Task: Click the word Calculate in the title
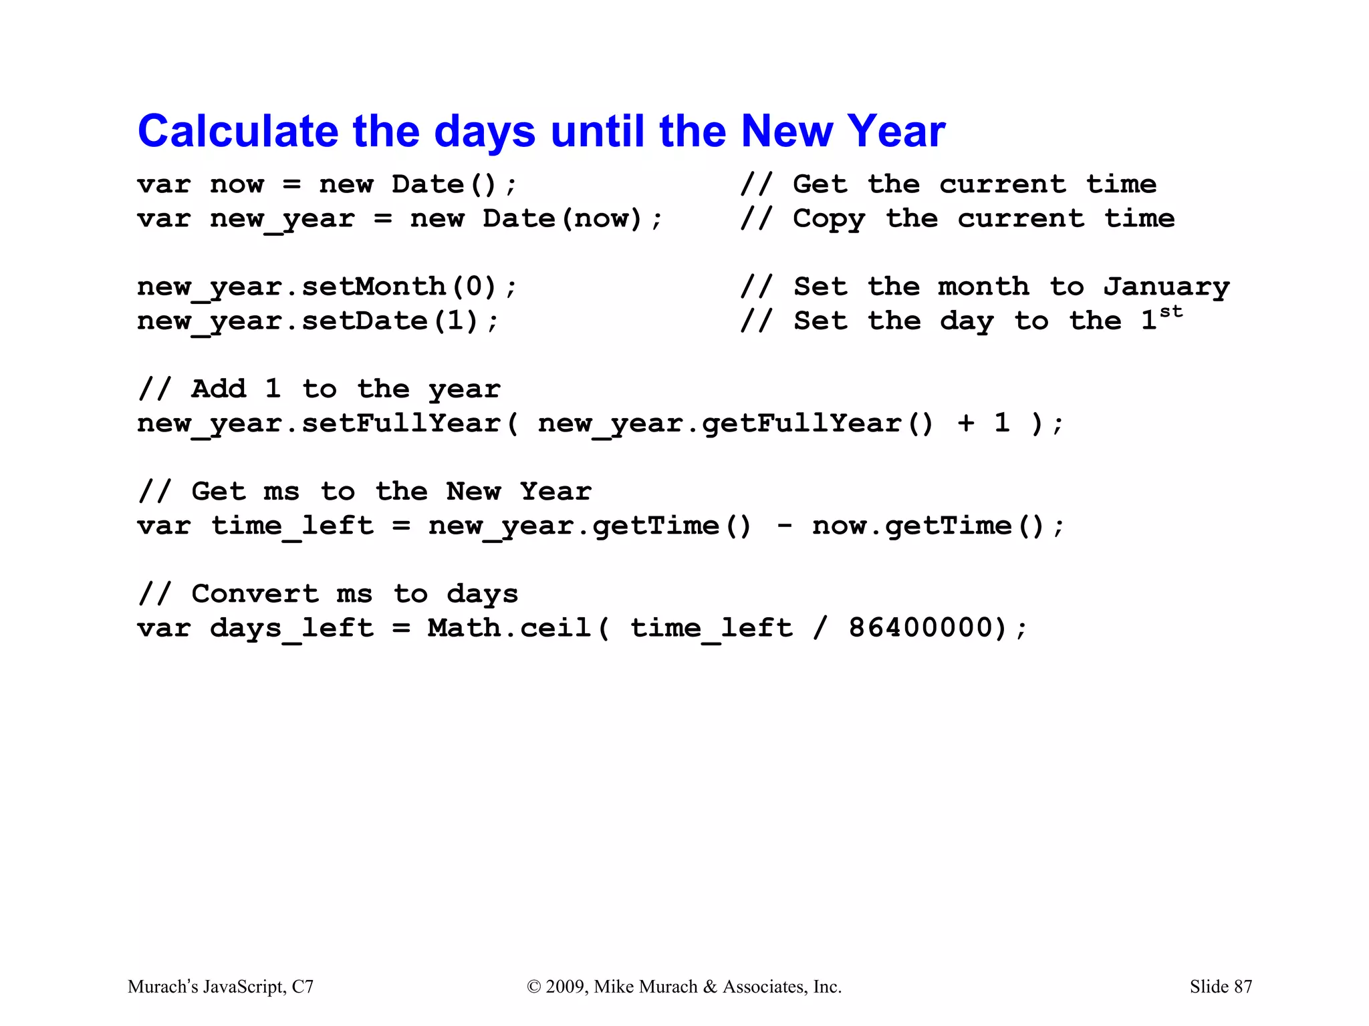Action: click(x=238, y=131)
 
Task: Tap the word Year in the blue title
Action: click(x=896, y=131)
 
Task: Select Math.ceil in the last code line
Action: click(x=509, y=628)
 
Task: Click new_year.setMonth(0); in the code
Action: click(x=327, y=287)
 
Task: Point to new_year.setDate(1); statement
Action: click(x=318, y=321)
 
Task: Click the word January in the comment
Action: click(x=1166, y=287)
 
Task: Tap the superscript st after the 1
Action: click(x=1171, y=312)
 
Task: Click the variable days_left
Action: click(x=291, y=629)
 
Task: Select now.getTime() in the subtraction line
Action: click(x=928, y=526)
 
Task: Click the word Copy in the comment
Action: click(x=829, y=219)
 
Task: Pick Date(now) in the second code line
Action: click(x=562, y=219)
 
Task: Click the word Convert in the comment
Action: click(x=255, y=594)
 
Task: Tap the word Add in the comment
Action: click(x=219, y=389)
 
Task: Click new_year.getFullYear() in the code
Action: click(x=735, y=423)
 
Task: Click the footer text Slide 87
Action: click(x=1221, y=987)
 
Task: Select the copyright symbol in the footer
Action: click(x=533, y=987)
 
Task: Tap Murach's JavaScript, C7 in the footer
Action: click(x=221, y=987)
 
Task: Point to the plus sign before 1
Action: click(x=965, y=423)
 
